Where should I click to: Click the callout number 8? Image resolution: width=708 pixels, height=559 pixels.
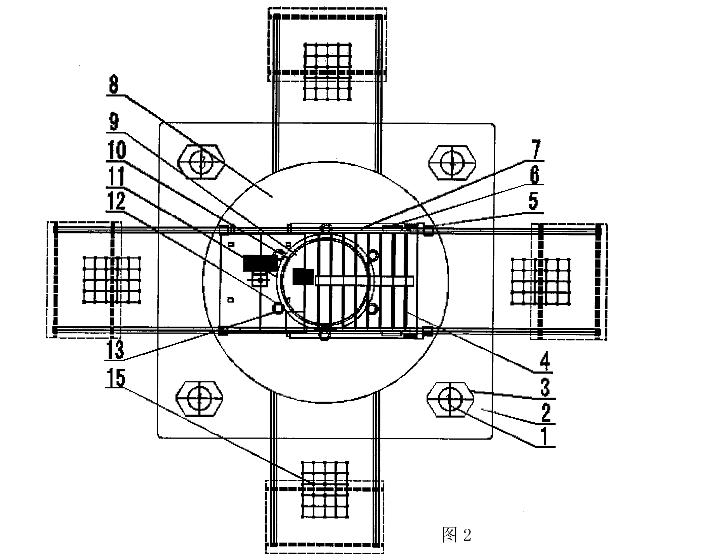[x=114, y=84]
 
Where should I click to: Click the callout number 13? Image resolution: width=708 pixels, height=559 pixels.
[x=116, y=349]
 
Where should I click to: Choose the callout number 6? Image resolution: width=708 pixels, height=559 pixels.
[x=534, y=175]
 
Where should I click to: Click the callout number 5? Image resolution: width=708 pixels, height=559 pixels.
[x=533, y=201]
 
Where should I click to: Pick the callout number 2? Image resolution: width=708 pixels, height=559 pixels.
[x=546, y=412]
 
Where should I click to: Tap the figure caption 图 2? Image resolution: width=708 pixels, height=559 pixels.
[x=457, y=535]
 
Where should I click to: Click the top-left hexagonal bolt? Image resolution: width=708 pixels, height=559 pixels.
[x=201, y=162]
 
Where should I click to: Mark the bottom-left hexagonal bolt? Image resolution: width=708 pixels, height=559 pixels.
[x=199, y=399]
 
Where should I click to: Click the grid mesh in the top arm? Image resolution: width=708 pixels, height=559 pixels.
[x=328, y=72]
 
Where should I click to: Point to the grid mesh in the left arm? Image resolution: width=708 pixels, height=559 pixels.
[x=112, y=280]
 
